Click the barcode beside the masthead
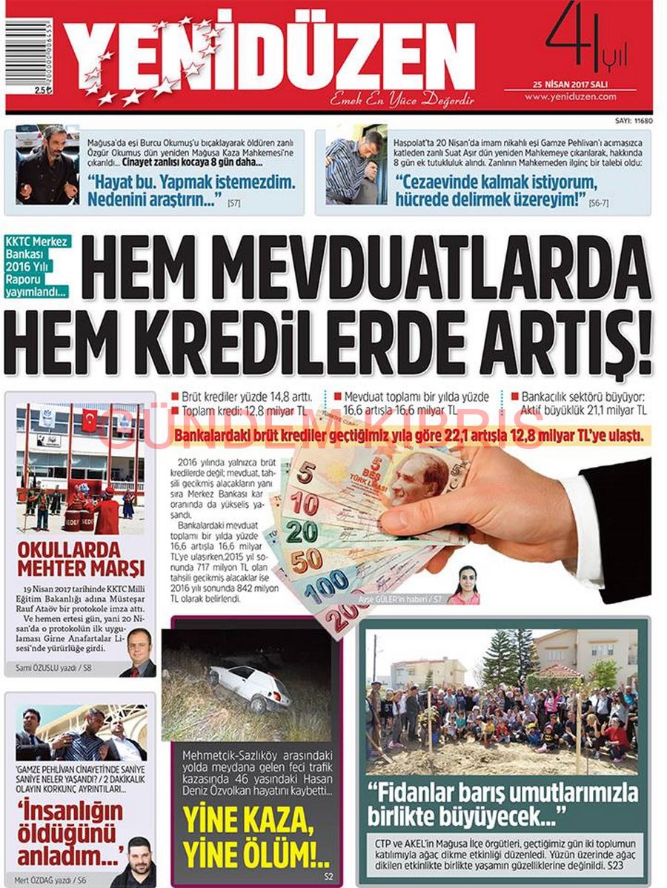click(29, 53)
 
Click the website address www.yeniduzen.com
click(570, 96)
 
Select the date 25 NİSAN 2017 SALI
click(569, 84)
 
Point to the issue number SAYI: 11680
click(634, 119)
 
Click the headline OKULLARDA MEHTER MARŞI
click(80, 560)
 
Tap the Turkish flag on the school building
click(89, 420)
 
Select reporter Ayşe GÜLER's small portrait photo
click(465, 585)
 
